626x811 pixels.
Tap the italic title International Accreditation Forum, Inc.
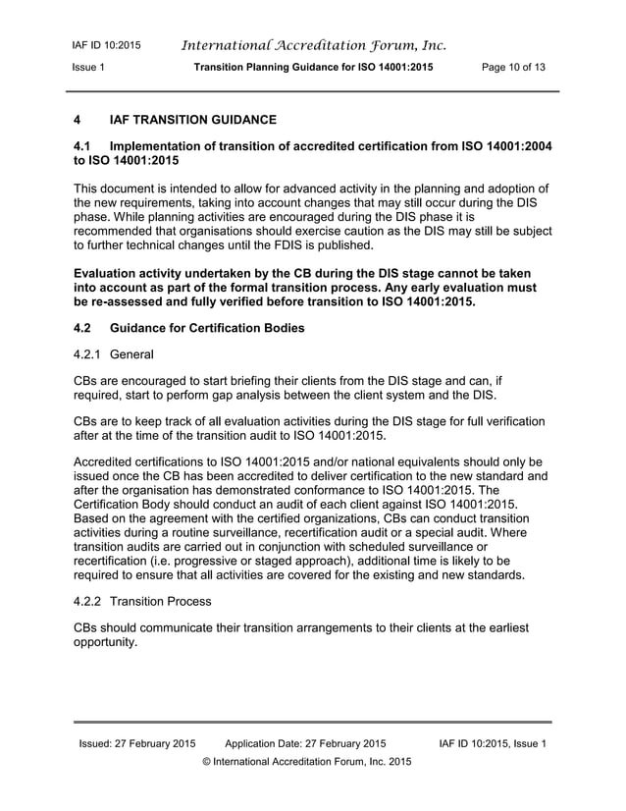coord(314,44)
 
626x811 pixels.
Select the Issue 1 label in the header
coord(89,67)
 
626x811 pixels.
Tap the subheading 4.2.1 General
coord(116,351)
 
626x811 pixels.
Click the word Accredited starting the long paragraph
coord(109,460)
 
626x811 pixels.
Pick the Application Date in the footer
coord(305,743)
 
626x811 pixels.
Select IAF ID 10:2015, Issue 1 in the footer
coord(485,743)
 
